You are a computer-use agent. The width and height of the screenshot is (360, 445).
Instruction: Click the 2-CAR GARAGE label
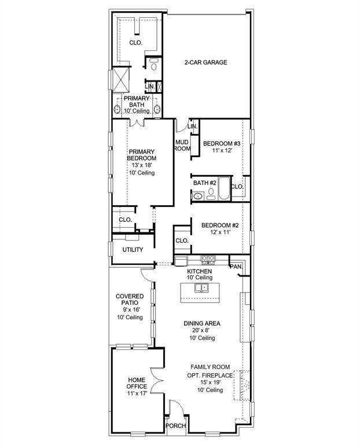[205, 63]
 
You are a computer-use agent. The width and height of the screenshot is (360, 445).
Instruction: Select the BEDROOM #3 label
[221, 143]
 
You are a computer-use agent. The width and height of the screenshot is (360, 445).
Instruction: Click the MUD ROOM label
[183, 145]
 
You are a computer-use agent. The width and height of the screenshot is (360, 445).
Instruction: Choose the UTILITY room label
[133, 250]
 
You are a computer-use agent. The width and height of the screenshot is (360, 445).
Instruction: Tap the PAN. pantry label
[236, 267]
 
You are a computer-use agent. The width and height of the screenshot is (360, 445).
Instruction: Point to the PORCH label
[176, 426]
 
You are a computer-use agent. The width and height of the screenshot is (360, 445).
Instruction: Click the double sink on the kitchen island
[201, 288]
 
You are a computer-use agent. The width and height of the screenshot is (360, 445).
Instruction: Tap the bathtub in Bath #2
[223, 192]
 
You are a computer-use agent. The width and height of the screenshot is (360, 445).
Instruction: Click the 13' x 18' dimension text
[142, 165]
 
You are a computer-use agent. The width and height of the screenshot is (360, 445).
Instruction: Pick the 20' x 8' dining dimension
[200, 330]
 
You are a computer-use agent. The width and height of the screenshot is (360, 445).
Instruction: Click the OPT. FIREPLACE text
[210, 375]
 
